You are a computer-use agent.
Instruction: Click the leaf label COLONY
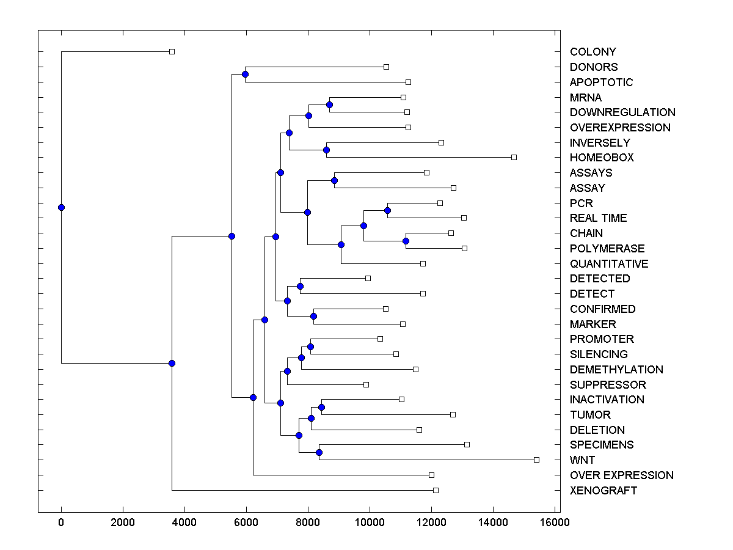(x=593, y=52)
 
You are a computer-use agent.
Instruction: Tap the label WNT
(x=582, y=460)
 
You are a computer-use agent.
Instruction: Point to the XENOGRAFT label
(x=603, y=491)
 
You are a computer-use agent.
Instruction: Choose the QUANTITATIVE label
(x=609, y=264)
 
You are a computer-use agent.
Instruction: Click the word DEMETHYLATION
(x=616, y=370)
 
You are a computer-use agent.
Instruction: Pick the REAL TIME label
(x=598, y=218)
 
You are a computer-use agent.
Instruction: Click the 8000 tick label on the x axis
(x=308, y=522)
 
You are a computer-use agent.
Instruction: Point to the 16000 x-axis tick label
(x=555, y=522)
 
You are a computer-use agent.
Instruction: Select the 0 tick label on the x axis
(x=61, y=522)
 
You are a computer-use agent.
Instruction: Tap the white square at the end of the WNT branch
(x=536, y=460)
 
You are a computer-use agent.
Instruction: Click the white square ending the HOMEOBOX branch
(x=514, y=158)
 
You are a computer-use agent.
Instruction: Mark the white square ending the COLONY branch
(x=172, y=52)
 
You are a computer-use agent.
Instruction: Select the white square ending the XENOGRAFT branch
(x=436, y=490)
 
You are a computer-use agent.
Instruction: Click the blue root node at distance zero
(x=61, y=207)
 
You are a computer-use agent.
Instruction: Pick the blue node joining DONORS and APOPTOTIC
(x=245, y=75)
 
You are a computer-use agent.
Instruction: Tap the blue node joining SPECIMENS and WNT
(x=319, y=452)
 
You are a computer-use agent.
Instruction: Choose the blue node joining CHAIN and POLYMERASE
(x=406, y=241)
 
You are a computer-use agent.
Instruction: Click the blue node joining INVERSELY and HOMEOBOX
(x=326, y=150)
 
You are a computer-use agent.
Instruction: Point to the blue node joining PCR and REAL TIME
(x=387, y=210)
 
